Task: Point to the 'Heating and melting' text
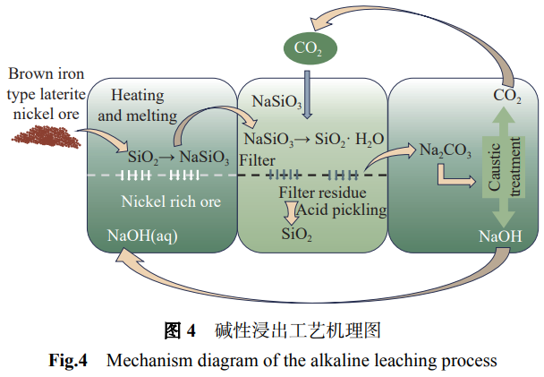144,104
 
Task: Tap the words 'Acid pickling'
345,210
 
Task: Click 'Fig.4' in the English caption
68,362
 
